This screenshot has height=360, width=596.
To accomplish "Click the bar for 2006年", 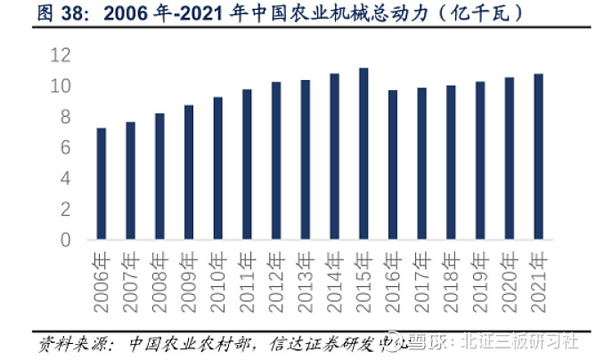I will point(102,184).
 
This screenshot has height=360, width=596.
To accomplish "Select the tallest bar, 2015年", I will point(363,154).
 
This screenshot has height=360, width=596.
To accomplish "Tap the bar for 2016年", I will point(393,165).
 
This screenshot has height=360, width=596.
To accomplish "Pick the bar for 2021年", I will point(538,157).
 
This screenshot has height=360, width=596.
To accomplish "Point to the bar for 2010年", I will point(218,168).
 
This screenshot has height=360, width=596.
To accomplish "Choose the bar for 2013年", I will point(306,160).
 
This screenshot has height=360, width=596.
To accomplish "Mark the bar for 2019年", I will point(480,160).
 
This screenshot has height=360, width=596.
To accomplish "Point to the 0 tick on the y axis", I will point(64,240).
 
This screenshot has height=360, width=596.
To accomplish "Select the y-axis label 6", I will point(64,148).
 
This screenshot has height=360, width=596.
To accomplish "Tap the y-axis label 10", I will point(60,86).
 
